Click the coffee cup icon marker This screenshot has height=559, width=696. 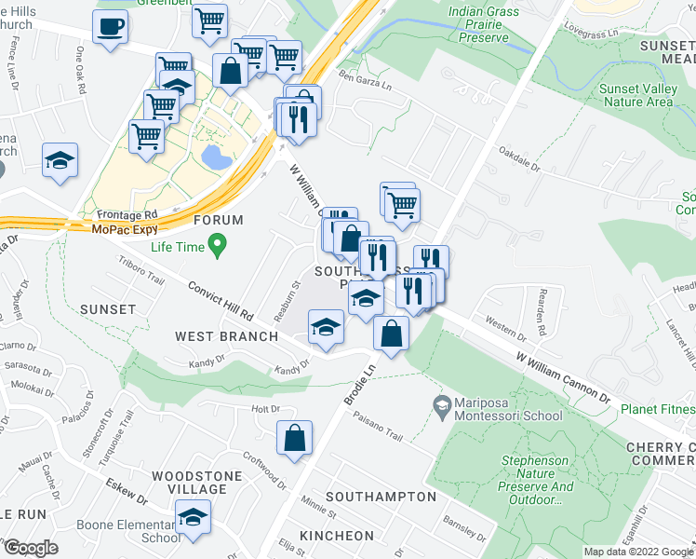coord(112,27)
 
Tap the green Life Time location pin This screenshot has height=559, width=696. coord(218,247)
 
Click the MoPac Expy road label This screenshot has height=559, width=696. coord(129,228)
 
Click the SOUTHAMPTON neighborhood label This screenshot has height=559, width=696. coord(381,497)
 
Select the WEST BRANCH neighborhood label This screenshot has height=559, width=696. coord(226,335)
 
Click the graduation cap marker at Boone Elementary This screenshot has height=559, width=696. coord(194,517)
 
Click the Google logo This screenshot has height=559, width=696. coord(30,548)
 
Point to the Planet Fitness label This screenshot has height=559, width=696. coord(659,408)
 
